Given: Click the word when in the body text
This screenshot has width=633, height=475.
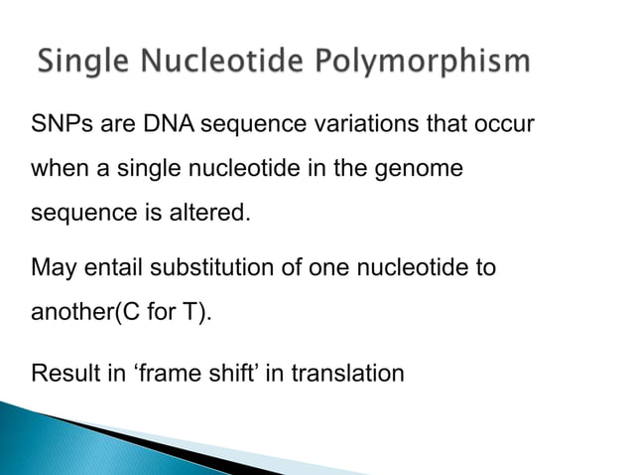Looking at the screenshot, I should tap(59, 169).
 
